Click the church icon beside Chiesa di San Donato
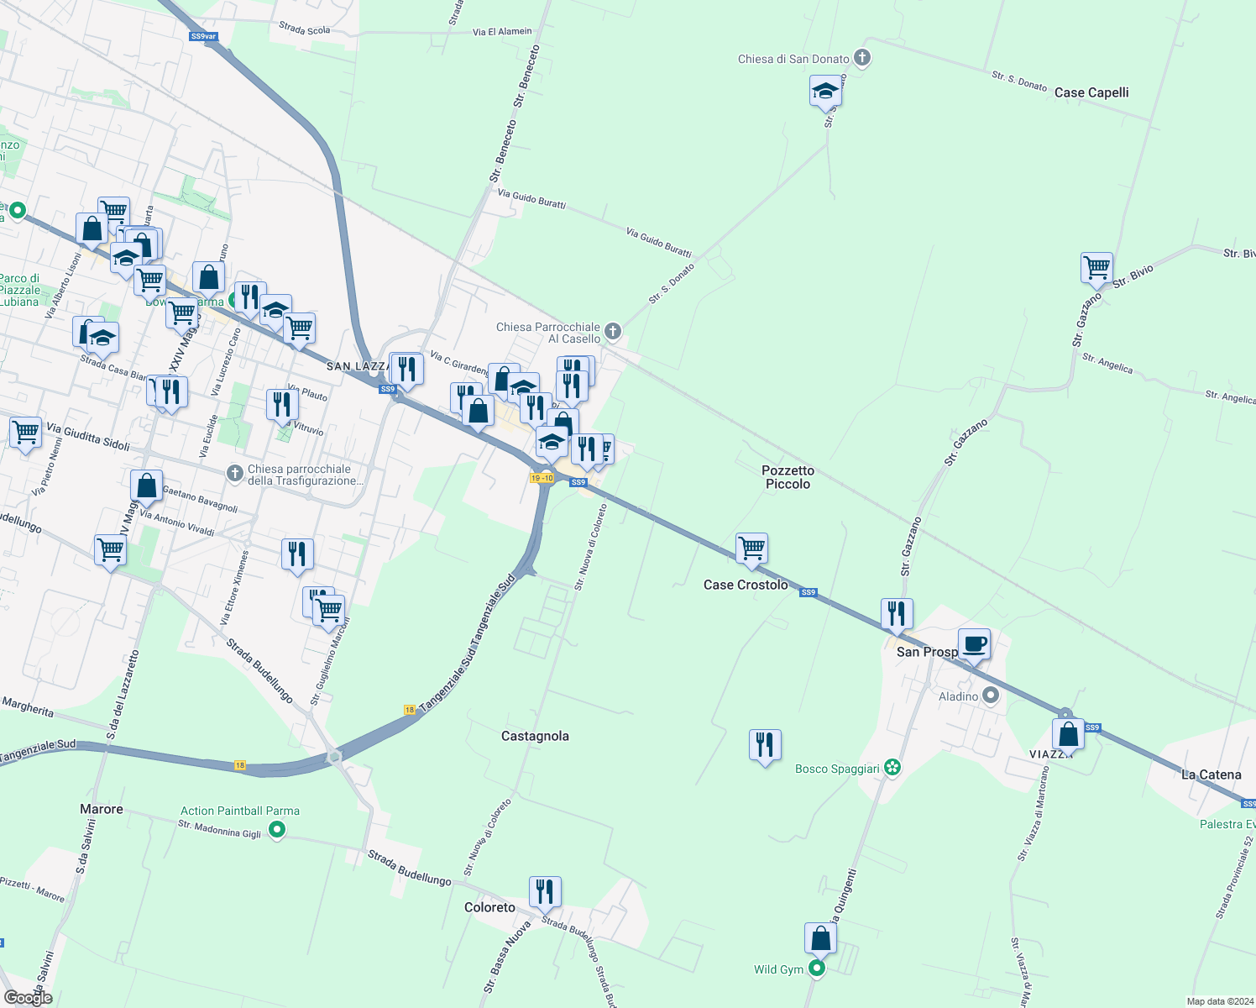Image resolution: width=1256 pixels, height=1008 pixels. tap(862, 58)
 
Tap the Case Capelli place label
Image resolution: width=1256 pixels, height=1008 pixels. tap(1091, 92)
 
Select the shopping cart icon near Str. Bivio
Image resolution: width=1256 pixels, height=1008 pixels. tap(1096, 268)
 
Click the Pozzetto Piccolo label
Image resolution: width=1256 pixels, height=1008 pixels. tap(788, 477)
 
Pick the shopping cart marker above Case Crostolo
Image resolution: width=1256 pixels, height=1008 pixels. tap(751, 549)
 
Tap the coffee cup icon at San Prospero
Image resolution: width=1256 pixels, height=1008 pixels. tap(974, 644)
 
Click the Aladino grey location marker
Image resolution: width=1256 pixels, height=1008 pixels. tap(992, 696)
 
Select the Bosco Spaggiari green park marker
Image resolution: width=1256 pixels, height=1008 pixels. tap(892, 768)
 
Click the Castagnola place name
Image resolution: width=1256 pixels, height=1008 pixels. tap(535, 736)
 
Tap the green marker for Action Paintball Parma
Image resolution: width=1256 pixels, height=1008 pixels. tap(277, 831)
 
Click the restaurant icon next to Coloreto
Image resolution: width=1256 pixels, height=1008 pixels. tap(545, 891)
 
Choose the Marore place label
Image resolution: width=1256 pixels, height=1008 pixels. tap(102, 809)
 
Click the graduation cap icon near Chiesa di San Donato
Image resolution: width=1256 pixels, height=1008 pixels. tap(825, 91)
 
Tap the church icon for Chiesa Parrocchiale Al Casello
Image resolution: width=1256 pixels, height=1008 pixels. tap(613, 331)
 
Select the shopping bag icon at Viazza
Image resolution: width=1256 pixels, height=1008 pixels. tap(1068, 734)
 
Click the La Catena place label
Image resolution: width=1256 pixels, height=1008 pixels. tap(1211, 774)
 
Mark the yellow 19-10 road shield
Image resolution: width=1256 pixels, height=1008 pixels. tap(542, 478)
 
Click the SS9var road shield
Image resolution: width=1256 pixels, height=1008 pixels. tap(203, 36)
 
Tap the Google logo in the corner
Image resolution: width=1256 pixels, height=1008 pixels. tap(28, 998)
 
